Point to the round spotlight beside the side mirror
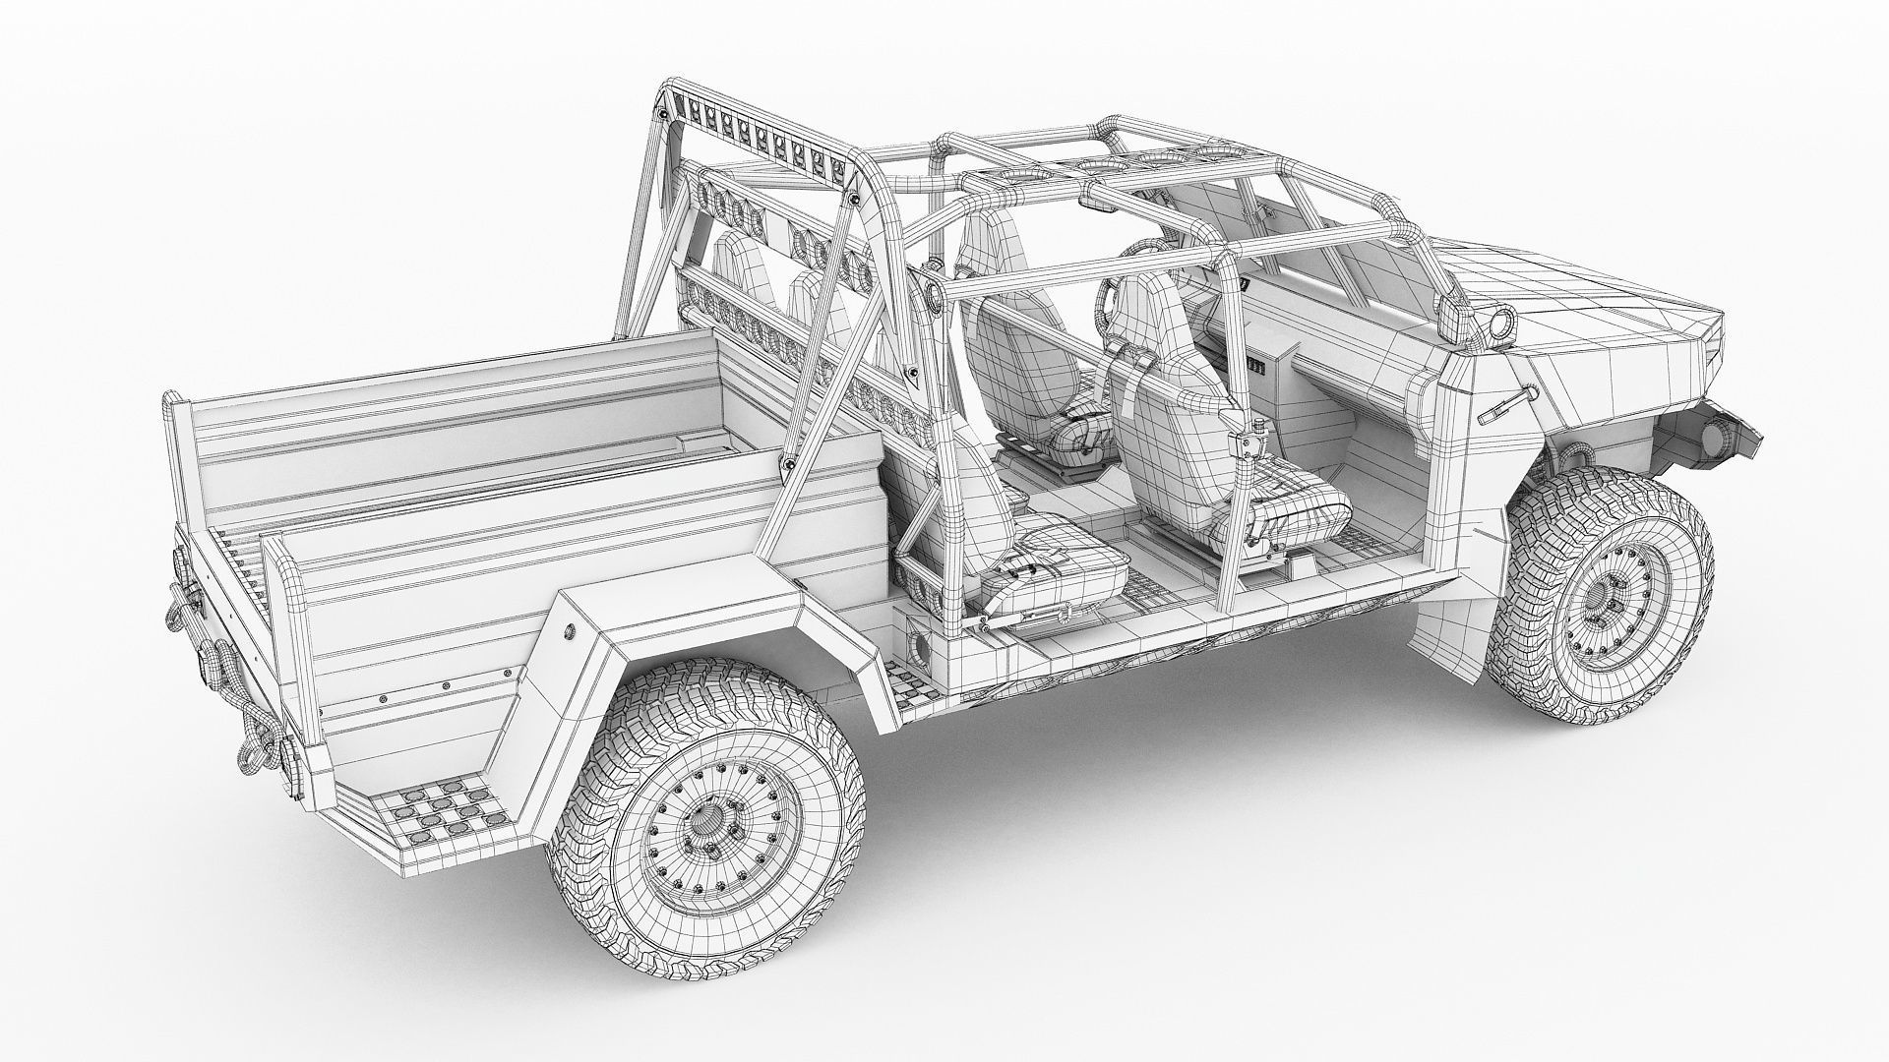click(1503, 324)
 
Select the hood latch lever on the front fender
click(1504, 402)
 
